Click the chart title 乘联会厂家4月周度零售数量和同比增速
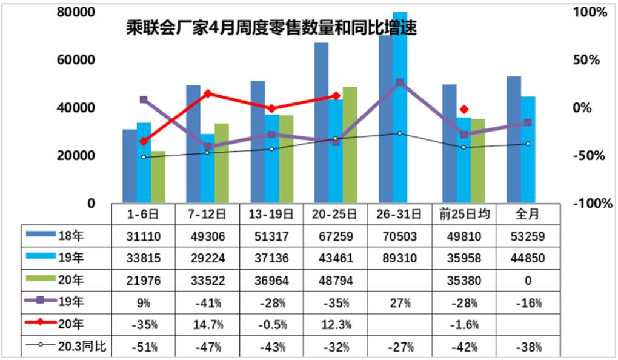[x=271, y=27]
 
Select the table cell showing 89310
[x=399, y=258]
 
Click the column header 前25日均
[x=464, y=214]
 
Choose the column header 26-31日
[x=399, y=214]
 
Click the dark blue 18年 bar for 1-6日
[x=130, y=165]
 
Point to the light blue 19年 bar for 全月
[x=528, y=149]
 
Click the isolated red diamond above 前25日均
[x=464, y=109]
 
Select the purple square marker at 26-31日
[x=399, y=82]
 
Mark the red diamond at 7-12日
[x=208, y=93]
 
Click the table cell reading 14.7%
[x=207, y=324]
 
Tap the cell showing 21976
[x=143, y=280]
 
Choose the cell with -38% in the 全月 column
[x=528, y=347]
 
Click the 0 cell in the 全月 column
[x=528, y=280]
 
